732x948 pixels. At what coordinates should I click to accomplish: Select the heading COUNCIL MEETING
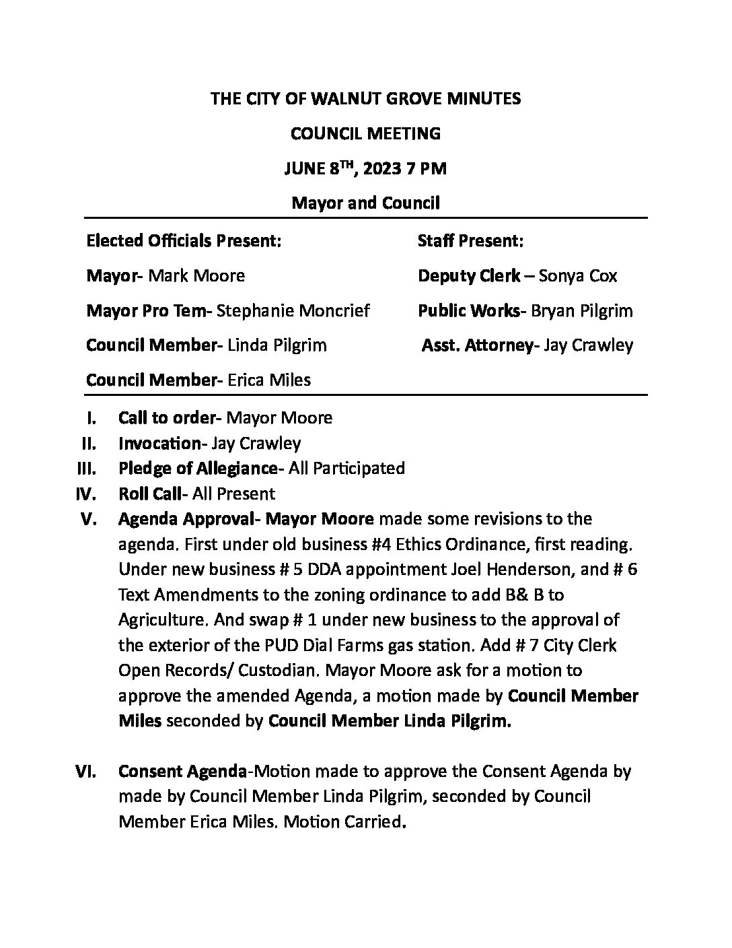(365, 133)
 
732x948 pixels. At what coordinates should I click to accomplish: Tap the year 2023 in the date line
(381, 168)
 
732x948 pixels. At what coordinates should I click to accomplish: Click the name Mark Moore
(196, 275)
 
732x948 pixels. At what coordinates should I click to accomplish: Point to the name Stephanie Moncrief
(293, 310)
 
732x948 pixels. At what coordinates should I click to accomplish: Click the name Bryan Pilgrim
(582, 310)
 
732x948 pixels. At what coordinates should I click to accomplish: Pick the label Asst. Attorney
(477, 345)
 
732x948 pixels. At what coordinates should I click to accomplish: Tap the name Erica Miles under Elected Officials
(269, 380)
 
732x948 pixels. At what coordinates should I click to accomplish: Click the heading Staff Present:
(470, 240)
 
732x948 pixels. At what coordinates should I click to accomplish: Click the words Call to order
(166, 417)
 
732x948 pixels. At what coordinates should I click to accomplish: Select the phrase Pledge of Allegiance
(198, 468)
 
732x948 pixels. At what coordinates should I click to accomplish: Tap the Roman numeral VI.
(85, 771)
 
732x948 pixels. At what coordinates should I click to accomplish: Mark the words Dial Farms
(316, 645)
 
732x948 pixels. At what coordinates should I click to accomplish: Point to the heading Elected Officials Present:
(184, 240)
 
